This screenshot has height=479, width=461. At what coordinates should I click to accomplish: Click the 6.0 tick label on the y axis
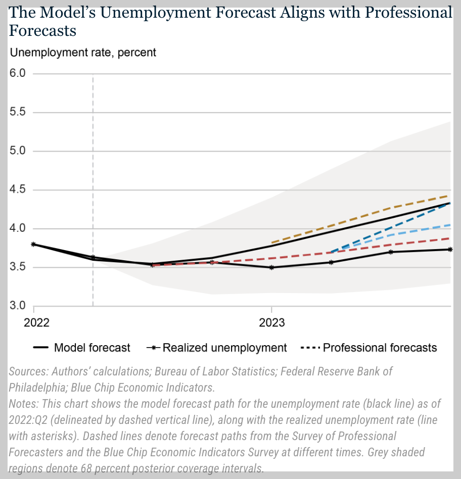click(19, 74)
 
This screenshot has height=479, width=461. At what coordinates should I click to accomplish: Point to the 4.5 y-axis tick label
click(19, 190)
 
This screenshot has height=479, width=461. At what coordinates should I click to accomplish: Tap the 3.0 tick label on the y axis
click(19, 306)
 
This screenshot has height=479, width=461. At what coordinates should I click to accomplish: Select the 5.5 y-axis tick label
click(19, 113)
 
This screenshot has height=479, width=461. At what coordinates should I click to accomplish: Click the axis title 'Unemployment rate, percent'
click(83, 52)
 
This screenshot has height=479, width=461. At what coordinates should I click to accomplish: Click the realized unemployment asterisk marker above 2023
click(272, 267)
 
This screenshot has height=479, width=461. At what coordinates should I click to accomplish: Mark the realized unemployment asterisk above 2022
click(33, 244)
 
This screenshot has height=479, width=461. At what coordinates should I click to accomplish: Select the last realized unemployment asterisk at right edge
click(450, 249)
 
